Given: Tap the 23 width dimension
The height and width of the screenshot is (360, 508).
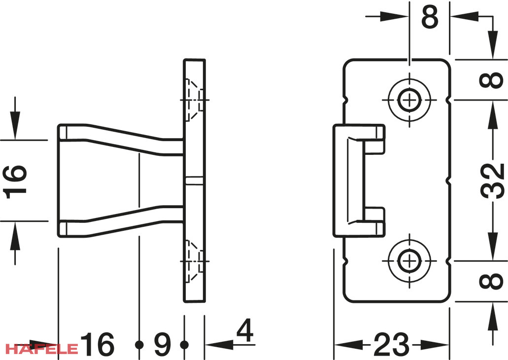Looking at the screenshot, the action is [x=392, y=344].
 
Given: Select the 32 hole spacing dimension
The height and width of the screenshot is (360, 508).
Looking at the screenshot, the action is [x=492, y=180].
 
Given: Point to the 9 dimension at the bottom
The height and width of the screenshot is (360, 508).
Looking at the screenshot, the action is [x=162, y=344].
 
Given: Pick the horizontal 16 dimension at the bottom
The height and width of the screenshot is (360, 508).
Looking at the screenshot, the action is [x=97, y=344].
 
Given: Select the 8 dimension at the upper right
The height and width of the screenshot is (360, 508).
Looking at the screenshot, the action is [x=492, y=80].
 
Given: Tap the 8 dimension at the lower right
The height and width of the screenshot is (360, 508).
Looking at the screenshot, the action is [x=492, y=281].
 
